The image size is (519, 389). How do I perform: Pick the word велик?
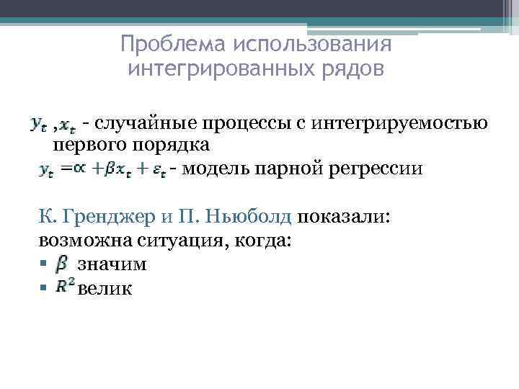click(105, 288)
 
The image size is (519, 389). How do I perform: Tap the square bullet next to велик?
click(43, 287)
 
